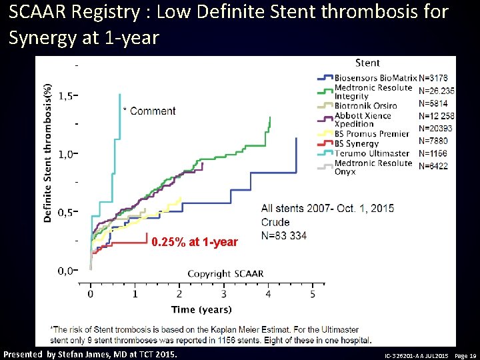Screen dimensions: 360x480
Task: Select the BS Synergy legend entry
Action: (356, 143)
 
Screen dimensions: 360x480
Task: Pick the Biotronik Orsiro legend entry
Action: (365, 105)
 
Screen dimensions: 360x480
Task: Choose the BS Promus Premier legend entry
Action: (371, 134)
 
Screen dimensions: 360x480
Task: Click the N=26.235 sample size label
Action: (436, 91)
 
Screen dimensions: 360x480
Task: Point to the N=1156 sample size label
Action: (433, 153)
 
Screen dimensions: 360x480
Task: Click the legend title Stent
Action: (367, 63)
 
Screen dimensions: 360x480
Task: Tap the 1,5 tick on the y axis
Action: (66, 96)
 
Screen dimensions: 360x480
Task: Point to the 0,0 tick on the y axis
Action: (66, 271)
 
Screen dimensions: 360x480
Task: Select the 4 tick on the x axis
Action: (268, 294)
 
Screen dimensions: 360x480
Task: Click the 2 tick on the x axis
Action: (179, 294)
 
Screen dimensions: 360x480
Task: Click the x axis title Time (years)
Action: (201, 309)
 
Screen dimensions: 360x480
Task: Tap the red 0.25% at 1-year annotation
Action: (194, 242)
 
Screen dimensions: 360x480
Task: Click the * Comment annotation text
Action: (149, 111)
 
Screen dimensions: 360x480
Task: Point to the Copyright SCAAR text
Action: (225, 274)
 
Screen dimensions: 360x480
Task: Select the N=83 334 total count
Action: (284, 235)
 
